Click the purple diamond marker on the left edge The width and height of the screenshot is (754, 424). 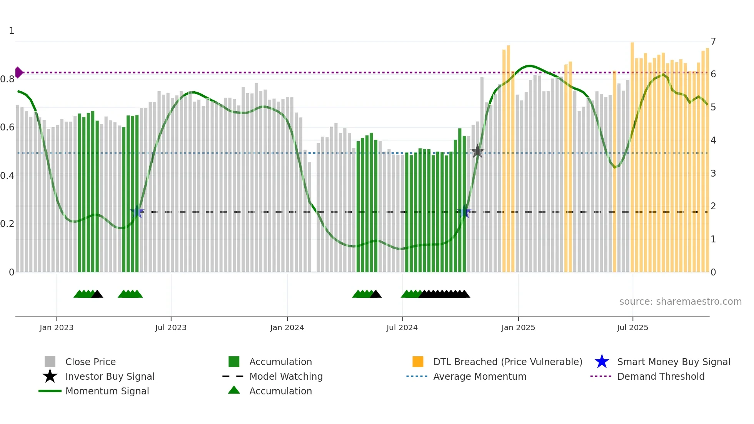[x=18, y=72]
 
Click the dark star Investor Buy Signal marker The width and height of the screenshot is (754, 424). [x=477, y=151]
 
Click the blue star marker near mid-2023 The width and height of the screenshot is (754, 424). [x=137, y=212]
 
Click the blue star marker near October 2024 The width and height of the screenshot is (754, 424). [x=464, y=212]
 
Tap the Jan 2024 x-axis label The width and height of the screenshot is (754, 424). [x=287, y=327]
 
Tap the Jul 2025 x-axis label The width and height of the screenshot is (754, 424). [x=632, y=327]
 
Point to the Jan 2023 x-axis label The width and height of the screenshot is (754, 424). [x=57, y=327]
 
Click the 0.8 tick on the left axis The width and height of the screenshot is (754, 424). [x=8, y=79]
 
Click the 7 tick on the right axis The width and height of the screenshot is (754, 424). [x=713, y=41]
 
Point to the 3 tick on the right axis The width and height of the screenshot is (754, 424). [x=713, y=173]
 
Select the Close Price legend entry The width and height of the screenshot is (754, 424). [x=90, y=362]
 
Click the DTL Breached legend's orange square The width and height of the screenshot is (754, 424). [x=418, y=362]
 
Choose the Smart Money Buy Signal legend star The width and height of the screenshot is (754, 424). [x=602, y=362]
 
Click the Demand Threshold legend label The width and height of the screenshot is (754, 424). [x=661, y=376]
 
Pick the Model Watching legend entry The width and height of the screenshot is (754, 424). [x=286, y=376]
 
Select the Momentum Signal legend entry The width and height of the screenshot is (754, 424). [x=107, y=391]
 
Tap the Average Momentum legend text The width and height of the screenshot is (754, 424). [x=480, y=376]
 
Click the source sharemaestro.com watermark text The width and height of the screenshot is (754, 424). [x=680, y=301]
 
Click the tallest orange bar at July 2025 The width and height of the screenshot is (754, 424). [x=632, y=154]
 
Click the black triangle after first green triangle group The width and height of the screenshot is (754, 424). [x=97, y=294]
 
